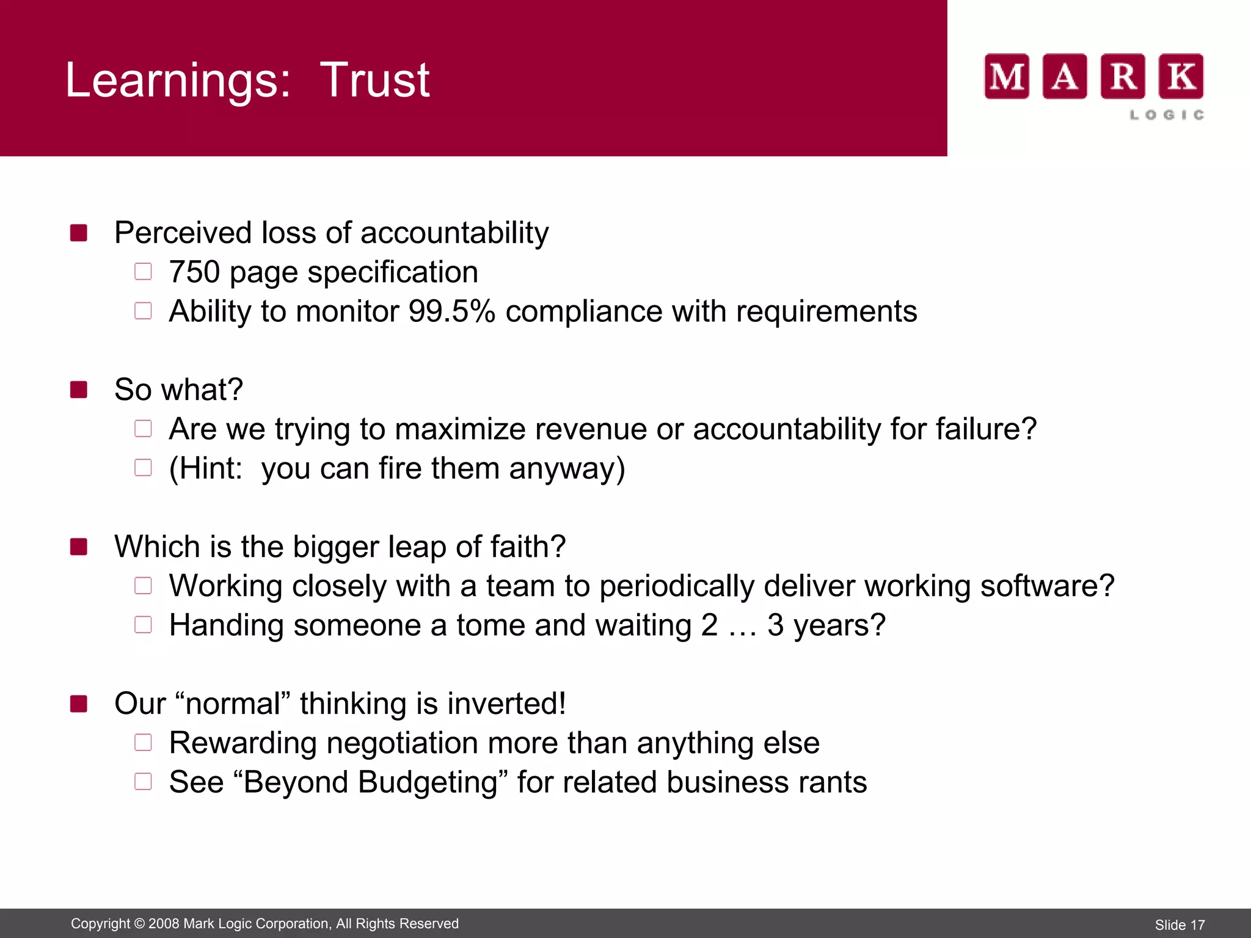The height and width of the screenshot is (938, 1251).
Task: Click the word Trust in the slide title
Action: point(374,80)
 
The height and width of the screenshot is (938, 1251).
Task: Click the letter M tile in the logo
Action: point(1007,77)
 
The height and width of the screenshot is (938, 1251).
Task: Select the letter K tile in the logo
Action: point(1181,77)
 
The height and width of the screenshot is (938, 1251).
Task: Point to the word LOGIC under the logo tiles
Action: point(1167,115)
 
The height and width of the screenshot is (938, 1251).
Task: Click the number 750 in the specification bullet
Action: point(194,272)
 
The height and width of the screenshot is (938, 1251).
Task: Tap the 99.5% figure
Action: point(451,311)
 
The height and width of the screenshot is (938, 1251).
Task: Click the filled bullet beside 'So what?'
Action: point(79,390)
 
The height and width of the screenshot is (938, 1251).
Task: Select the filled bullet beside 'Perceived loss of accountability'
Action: point(79,233)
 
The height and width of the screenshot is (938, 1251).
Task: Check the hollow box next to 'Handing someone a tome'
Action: point(143,625)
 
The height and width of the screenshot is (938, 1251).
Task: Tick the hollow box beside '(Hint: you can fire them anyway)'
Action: point(143,468)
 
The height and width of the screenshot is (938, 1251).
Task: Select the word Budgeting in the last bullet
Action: point(428,783)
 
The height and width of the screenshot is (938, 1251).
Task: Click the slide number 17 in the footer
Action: point(1197,925)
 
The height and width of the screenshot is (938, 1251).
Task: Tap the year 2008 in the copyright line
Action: point(164,924)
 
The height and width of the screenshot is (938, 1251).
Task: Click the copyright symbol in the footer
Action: point(139,924)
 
